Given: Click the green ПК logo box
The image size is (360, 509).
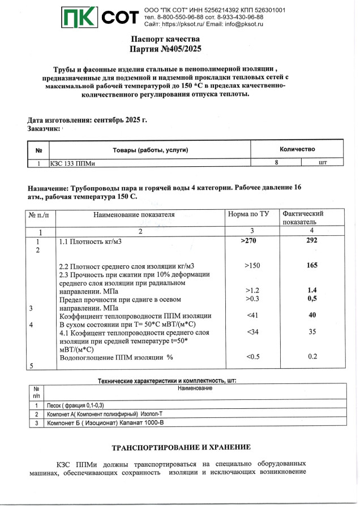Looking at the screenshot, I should coord(80,18).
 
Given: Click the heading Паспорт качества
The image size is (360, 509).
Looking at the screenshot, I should coord(165,39).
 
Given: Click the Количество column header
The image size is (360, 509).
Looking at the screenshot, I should coord(297,149).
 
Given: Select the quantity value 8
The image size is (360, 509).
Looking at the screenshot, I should coord(276,162).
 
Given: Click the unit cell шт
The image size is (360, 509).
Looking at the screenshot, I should coord(323,162).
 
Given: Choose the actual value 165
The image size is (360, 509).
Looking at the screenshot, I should coord(312,265).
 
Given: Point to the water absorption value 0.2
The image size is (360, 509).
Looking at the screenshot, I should coord(312,357).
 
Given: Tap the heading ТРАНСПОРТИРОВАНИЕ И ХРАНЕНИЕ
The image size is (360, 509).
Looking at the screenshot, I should coord(181,447).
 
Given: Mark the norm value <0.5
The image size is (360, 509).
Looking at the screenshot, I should coord(252,357).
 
